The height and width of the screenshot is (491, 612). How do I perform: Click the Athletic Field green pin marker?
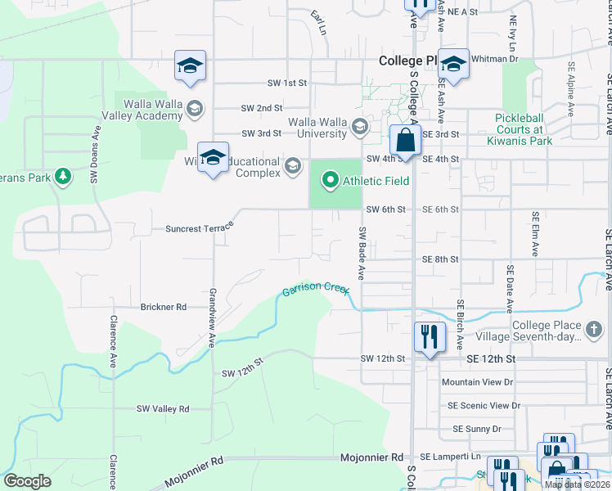(x=331, y=179)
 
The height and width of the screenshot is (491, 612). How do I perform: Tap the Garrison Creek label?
(x=316, y=289)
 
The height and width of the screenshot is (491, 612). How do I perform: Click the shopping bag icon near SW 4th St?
(x=405, y=140)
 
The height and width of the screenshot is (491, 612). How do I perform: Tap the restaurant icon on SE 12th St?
(x=429, y=336)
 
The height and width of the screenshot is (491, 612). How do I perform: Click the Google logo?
(x=27, y=481)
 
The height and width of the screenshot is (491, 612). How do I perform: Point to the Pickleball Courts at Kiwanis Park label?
(x=524, y=129)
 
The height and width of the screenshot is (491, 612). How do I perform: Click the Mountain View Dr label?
(x=477, y=382)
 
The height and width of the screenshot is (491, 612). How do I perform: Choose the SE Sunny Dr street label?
(x=475, y=429)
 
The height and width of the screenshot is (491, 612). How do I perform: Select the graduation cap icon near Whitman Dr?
(x=453, y=64)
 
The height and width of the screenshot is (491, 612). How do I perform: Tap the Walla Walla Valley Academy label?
(x=153, y=110)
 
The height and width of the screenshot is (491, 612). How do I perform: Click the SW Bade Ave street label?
(x=360, y=250)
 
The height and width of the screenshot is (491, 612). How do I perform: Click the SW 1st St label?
(x=286, y=83)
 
